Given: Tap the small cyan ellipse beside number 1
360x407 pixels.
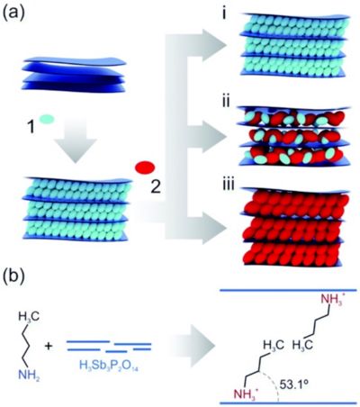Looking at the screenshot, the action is pyautogui.click(x=47, y=119).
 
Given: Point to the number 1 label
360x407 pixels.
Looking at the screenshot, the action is pyautogui.click(x=31, y=126).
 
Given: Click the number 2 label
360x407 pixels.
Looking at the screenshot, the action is pyautogui.click(x=156, y=187).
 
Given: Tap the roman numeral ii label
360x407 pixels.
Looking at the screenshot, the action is pyautogui.click(x=224, y=102).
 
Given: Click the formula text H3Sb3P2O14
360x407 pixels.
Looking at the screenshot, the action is pyautogui.click(x=109, y=365).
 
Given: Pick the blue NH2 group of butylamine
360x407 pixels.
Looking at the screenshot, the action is pyautogui.click(x=29, y=375).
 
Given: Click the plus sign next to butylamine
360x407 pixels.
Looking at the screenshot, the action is pyautogui.click(x=49, y=346).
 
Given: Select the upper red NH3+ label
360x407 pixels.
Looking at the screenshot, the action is pyautogui.click(x=333, y=300).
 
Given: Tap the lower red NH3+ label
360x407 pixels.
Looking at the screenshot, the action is pyautogui.click(x=247, y=392).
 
